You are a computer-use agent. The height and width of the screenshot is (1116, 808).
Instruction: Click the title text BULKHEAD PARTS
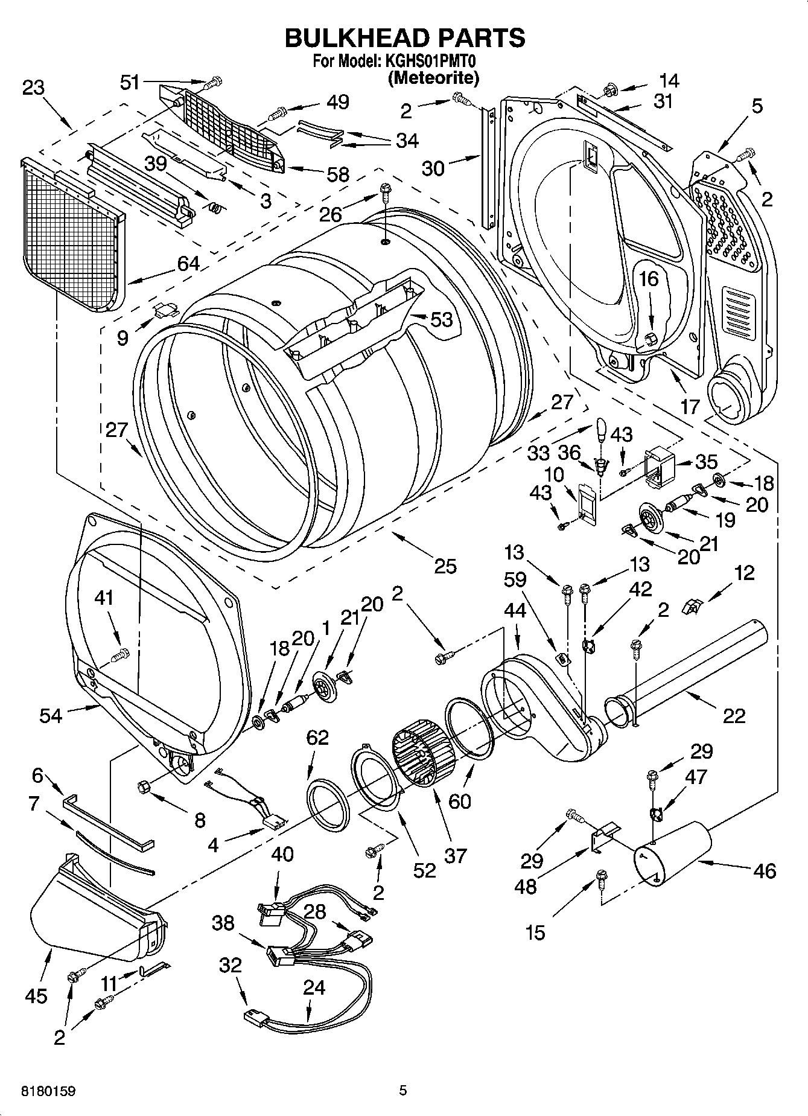pos(404,37)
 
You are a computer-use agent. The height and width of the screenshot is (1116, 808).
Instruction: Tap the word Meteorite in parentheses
pos(433,77)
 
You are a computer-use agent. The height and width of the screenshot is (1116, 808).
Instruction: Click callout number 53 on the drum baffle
pos(442,319)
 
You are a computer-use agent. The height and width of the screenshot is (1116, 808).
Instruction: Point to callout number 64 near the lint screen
pos(188,263)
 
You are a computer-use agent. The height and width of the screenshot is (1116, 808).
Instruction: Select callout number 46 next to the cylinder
pos(765,870)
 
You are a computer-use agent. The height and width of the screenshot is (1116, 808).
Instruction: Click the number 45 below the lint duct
pos(36,995)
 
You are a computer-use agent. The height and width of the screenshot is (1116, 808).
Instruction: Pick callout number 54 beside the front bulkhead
pos(51,715)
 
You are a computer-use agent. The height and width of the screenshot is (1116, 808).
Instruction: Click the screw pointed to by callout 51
pos(212,83)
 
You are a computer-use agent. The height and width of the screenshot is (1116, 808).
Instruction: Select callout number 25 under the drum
pos(445,566)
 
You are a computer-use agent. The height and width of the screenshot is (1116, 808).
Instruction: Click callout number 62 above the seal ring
pos(318,737)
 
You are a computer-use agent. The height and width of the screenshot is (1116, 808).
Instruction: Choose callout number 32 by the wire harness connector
pos(230,965)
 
